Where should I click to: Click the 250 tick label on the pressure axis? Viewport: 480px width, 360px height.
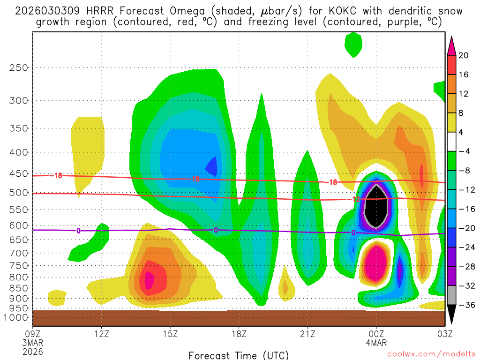(18, 67)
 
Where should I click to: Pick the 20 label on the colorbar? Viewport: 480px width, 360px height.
(464, 55)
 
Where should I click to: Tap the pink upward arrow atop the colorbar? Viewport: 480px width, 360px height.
(451, 45)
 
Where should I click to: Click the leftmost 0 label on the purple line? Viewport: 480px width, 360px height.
(78, 230)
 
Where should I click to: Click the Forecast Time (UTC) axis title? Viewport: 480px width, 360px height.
(239, 355)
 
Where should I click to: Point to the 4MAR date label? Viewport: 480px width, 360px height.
(376, 343)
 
